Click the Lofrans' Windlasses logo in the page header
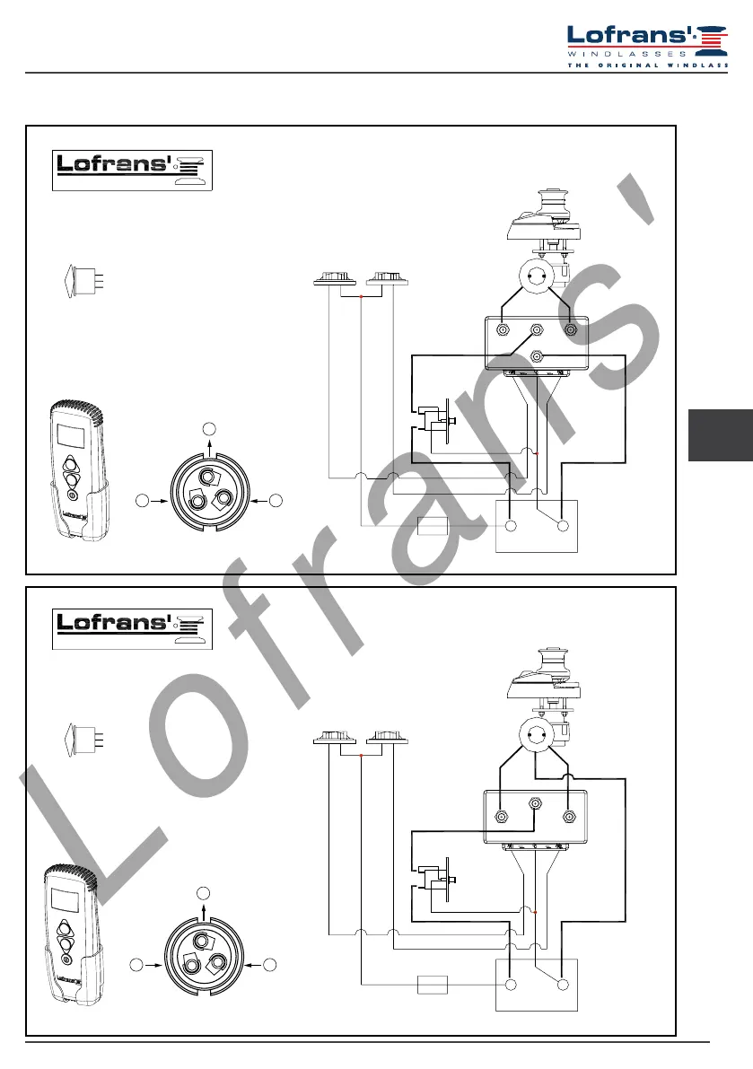pyautogui.click(x=647, y=47)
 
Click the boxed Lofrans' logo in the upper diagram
pyautogui.click(x=132, y=171)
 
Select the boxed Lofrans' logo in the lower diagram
pyautogui.click(x=132, y=629)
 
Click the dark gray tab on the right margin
pyautogui.click(x=721, y=435)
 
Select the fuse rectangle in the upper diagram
pyautogui.click(x=432, y=526)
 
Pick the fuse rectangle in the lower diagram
pyautogui.click(x=432, y=985)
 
